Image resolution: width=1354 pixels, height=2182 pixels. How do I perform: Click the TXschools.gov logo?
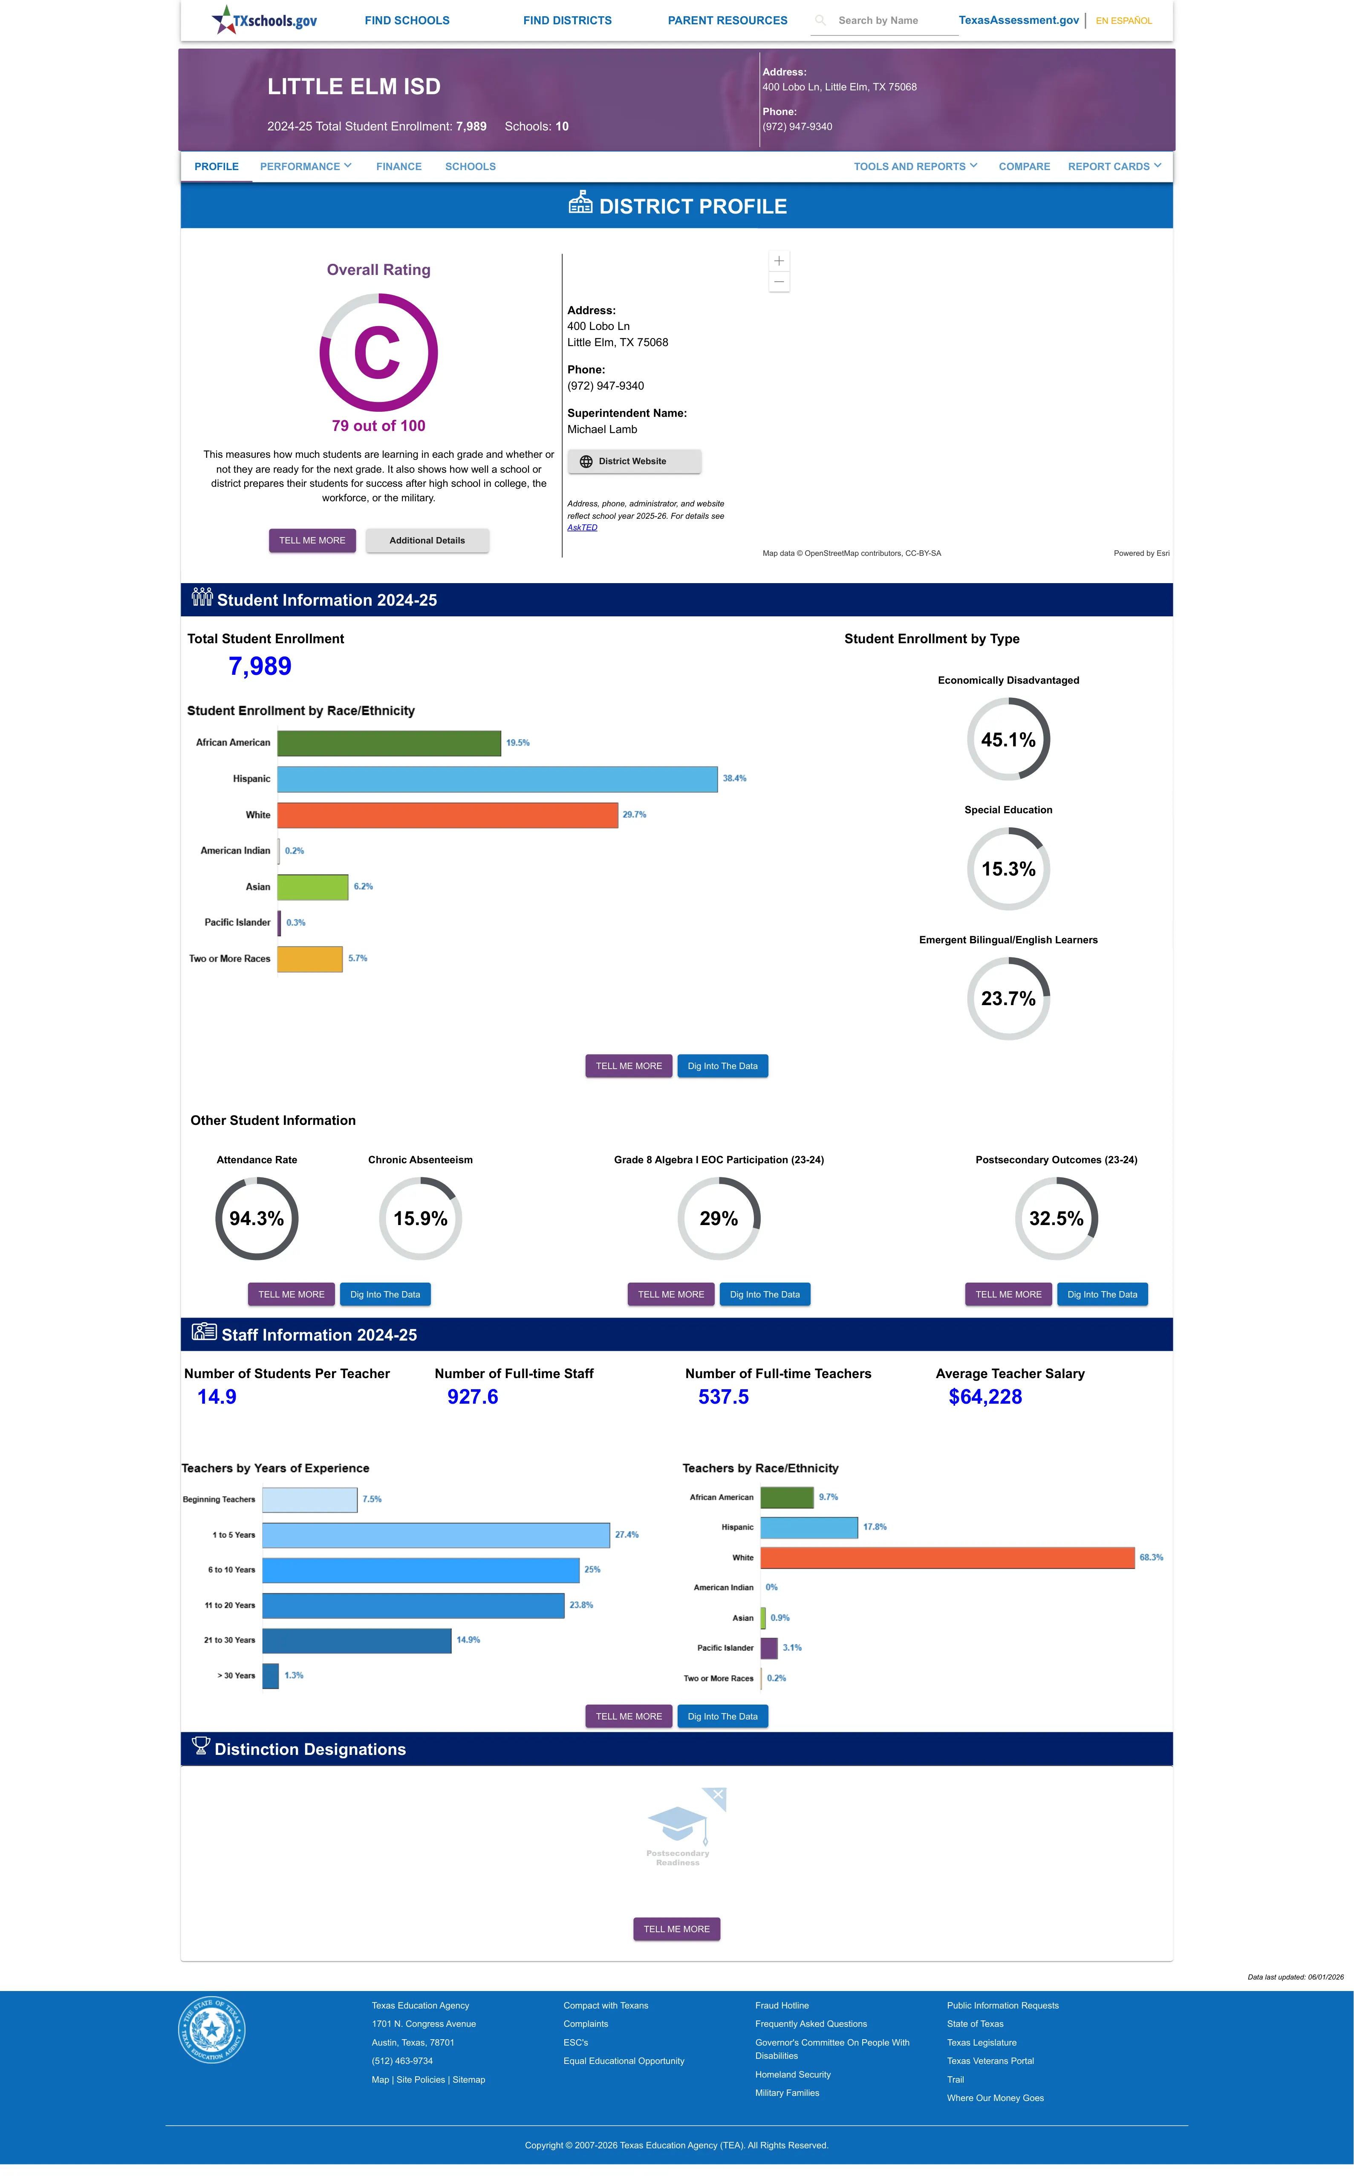point(264,20)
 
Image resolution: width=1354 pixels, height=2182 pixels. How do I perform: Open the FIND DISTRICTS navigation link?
point(568,20)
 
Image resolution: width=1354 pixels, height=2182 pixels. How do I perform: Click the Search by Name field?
point(884,20)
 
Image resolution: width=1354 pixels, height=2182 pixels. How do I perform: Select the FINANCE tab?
point(398,167)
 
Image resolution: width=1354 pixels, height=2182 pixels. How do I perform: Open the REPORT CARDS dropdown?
point(1114,167)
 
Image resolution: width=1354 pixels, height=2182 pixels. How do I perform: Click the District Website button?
point(634,461)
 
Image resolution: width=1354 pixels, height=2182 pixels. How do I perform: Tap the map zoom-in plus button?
point(779,260)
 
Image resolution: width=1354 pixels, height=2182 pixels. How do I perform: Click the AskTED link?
point(582,527)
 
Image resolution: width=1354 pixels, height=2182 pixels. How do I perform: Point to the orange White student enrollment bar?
point(448,815)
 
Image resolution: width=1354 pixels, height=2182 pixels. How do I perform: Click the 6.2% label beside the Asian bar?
point(364,887)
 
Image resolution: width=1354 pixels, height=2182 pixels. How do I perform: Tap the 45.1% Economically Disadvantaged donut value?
point(1008,740)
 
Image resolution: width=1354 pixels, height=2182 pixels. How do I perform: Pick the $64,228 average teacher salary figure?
point(985,1397)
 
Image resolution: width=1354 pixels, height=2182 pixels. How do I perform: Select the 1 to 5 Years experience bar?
point(436,1535)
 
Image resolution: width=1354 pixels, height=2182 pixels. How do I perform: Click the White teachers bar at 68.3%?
point(947,1558)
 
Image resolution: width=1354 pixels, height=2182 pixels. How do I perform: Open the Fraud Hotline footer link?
point(782,2006)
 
